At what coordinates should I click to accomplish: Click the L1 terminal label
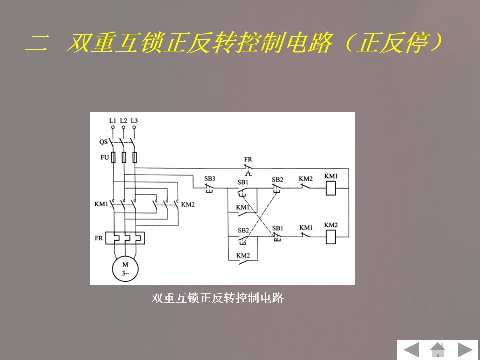[x=112, y=121]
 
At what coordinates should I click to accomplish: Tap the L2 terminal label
[x=123, y=121]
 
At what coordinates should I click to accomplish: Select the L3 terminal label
[x=134, y=121]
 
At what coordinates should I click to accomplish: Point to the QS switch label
[x=103, y=142]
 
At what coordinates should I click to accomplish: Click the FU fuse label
[x=104, y=157]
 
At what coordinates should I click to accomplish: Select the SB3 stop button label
[x=210, y=178]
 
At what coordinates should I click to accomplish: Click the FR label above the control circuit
[x=248, y=160]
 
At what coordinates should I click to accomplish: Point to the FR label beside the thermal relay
[x=99, y=238]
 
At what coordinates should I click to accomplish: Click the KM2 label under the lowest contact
[x=243, y=255]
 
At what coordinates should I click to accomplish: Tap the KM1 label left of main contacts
[x=101, y=204]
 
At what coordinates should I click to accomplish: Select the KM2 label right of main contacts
[x=188, y=204]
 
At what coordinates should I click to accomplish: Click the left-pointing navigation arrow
[x=411, y=349]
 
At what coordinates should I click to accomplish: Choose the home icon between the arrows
[x=438, y=349]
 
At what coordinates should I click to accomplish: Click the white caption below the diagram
[x=217, y=298]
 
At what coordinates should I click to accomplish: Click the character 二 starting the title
[x=37, y=44]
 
